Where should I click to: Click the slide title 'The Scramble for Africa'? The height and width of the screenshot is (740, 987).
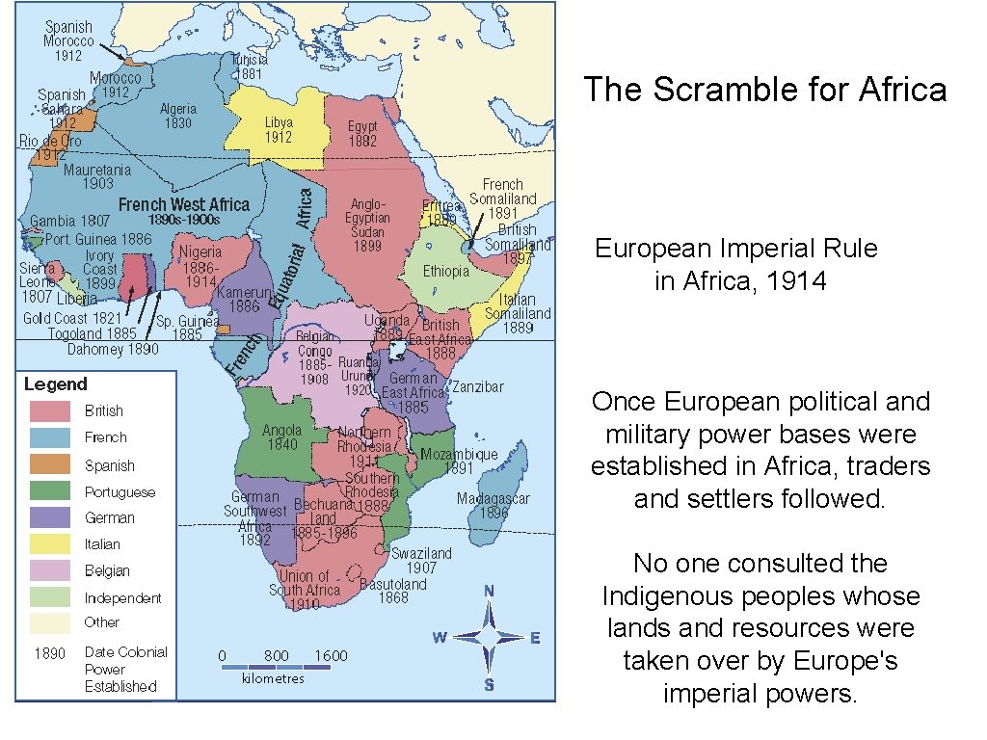[x=764, y=90]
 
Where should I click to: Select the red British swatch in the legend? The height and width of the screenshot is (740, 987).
[x=50, y=410]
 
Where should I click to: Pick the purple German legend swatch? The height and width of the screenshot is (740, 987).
[x=50, y=517]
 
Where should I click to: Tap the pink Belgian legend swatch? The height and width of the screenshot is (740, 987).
[x=50, y=570]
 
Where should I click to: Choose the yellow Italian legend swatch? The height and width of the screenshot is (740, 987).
[x=50, y=544]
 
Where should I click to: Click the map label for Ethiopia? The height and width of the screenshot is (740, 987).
[x=445, y=272]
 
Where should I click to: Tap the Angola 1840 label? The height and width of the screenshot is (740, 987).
[x=281, y=437]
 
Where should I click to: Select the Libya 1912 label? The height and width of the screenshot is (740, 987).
[x=279, y=130]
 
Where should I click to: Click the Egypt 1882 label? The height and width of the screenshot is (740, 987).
[x=362, y=133]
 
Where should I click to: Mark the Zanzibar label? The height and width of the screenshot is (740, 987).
[x=478, y=386]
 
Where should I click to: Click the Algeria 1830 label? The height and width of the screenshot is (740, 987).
[x=178, y=116]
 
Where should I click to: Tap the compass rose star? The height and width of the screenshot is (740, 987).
[x=489, y=636]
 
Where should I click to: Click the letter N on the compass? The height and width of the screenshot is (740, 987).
[x=490, y=591]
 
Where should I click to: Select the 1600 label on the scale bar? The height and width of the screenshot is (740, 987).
[x=331, y=656]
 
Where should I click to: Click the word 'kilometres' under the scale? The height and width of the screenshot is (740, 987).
[x=273, y=678]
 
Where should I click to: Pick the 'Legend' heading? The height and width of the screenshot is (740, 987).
[x=55, y=383]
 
